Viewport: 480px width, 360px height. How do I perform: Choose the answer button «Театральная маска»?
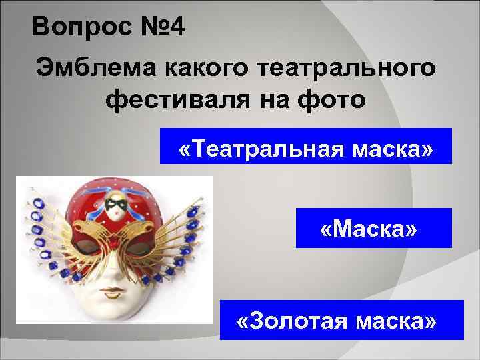point(306,146)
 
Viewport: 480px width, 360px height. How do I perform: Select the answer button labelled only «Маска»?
point(373,228)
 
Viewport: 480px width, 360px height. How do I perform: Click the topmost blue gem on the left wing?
point(31,192)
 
